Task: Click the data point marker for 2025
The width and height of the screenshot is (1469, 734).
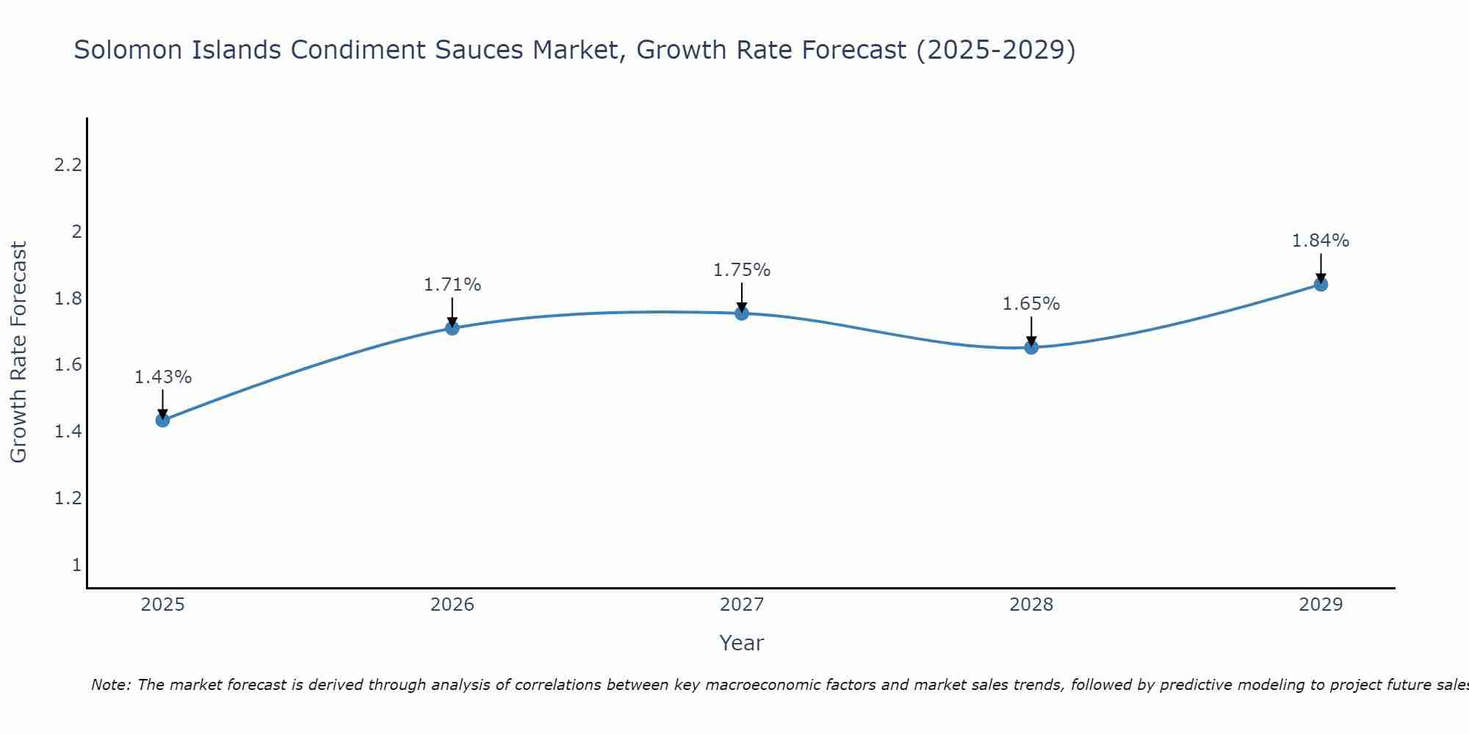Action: click(x=163, y=420)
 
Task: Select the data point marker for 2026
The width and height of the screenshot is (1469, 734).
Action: click(x=452, y=327)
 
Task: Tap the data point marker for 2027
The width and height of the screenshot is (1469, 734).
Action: click(x=742, y=313)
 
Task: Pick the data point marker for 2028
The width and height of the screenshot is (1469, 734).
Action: click(x=1031, y=347)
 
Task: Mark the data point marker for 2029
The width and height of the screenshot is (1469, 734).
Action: click(x=1321, y=284)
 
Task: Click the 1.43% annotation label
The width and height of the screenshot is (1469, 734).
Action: click(x=163, y=377)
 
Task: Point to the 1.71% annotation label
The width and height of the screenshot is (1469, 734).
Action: click(x=452, y=285)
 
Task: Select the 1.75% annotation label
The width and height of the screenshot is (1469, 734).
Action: click(x=742, y=270)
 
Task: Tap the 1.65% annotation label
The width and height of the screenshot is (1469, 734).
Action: click(x=1031, y=304)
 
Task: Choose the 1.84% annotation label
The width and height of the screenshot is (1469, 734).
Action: click(x=1321, y=241)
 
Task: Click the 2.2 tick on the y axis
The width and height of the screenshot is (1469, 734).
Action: click(x=68, y=165)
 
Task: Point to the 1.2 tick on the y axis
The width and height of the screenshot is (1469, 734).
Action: click(x=68, y=498)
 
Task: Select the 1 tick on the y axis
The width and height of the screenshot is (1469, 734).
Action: click(x=76, y=565)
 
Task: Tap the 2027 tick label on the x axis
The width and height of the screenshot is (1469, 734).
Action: click(x=742, y=605)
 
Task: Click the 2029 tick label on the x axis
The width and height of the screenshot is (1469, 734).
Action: click(x=1321, y=605)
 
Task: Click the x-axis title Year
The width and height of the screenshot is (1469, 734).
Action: click(x=742, y=643)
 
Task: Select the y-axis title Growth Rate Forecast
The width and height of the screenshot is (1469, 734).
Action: click(x=18, y=352)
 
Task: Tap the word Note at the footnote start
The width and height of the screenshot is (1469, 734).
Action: click(x=110, y=685)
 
